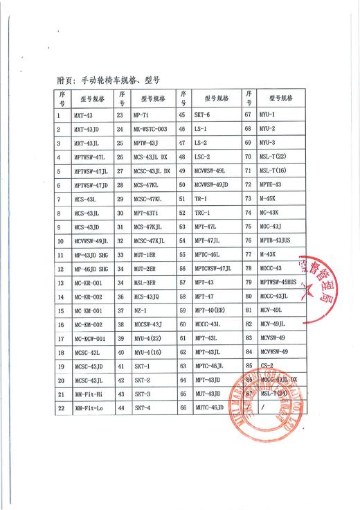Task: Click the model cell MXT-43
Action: point(82,114)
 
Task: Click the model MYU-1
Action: point(267,114)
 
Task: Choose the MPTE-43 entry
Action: point(270,185)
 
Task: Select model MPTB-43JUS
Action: point(274,240)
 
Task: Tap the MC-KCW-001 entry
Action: point(89,339)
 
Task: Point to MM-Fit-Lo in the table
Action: point(88,409)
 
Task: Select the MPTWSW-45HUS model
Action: point(278,283)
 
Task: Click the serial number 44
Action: point(121,409)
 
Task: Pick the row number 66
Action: point(183,409)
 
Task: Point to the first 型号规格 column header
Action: point(91,98)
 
